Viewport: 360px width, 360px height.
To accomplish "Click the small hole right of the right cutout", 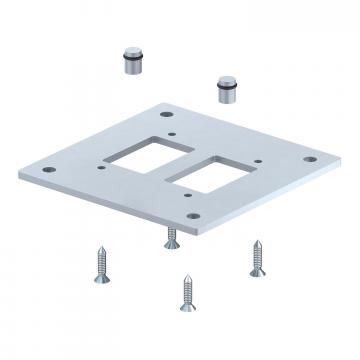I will point(258,161).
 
